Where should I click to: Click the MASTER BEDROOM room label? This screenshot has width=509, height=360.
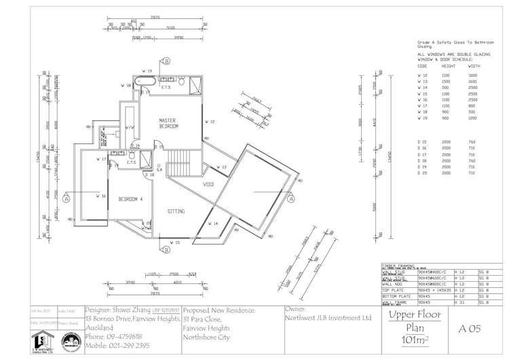coord(168,123)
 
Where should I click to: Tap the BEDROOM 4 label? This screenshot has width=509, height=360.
coord(130,199)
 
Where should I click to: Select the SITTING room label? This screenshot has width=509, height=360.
coord(176,211)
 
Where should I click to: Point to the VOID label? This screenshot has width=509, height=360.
coord(208,184)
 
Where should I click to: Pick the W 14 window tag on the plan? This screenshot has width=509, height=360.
coord(213,223)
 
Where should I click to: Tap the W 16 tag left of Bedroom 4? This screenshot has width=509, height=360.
coord(101,196)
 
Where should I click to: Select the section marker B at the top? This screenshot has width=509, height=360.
coord(165,60)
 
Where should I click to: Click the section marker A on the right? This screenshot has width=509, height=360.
coord(290,199)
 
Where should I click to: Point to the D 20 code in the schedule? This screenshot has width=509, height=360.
coord(422,173)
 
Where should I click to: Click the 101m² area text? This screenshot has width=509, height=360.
coord(414,339)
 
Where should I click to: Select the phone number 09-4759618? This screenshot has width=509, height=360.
coord(114,336)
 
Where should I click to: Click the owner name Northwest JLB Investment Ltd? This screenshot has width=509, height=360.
coord(328,318)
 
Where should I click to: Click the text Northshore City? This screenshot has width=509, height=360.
coord(208,336)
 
